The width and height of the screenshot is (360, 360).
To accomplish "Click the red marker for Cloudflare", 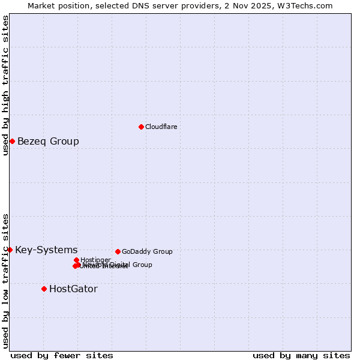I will (141, 127).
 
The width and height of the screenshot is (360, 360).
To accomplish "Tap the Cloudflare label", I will (161, 127).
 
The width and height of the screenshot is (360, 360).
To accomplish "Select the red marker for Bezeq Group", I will (12, 141).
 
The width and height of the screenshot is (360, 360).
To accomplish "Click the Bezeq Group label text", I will (48, 142).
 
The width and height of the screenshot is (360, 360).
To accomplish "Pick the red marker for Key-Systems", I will (10, 250).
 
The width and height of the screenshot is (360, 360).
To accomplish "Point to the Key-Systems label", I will (46, 250).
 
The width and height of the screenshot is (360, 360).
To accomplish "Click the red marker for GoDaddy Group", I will (118, 251).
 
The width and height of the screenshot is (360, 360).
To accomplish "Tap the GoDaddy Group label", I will (147, 252).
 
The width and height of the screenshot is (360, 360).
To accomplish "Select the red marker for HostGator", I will (44, 289).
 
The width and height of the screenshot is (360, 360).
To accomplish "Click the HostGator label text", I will (73, 289).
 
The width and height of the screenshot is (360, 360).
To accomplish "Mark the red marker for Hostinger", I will (76, 260).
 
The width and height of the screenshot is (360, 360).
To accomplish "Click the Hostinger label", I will (95, 260).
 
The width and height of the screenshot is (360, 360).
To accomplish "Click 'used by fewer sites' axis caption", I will (62, 355).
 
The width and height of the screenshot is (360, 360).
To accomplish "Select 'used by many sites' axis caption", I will (301, 355).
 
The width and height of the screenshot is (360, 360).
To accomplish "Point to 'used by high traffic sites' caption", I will (5, 85).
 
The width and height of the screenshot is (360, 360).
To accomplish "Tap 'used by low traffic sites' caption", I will (5, 281).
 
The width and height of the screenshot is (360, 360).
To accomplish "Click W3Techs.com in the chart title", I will (307, 5).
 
